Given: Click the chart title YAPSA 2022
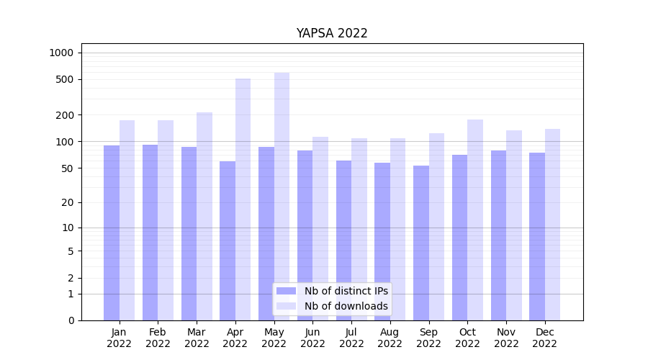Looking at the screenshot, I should [x=332, y=33].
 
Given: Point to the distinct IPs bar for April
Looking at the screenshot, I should [x=228, y=240].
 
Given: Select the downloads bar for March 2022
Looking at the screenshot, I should [x=204, y=216].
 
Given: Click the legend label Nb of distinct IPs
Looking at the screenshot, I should [x=346, y=291].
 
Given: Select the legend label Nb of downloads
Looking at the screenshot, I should [x=346, y=306].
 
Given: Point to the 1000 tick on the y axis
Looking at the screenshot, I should [x=61, y=53].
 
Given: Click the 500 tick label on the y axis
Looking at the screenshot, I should [x=66, y=79].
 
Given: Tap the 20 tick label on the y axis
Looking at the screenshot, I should [x=68, y=202].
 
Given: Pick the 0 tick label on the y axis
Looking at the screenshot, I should [x=71, y=320].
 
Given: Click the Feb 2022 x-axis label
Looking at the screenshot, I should [x=158, y=338].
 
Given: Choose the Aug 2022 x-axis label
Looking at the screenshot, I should [x=390, y=338].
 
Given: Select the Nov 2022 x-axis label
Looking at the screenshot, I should [x=506, y=338].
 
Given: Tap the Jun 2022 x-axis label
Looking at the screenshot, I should [x=312, y=338].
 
